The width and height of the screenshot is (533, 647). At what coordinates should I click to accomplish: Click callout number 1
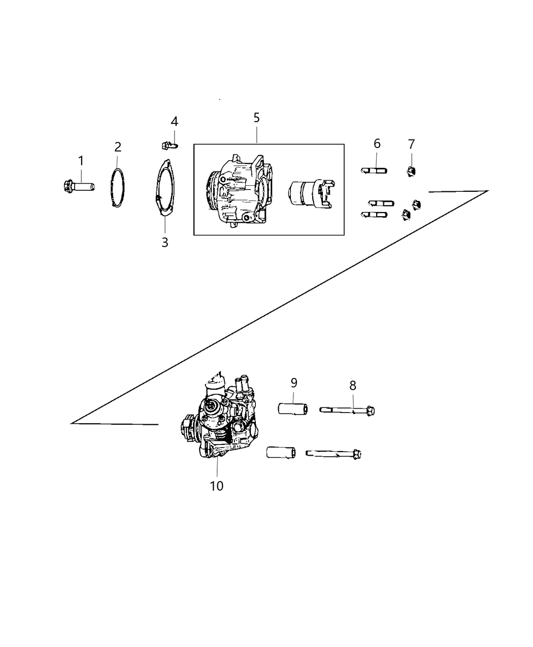coord(81,161)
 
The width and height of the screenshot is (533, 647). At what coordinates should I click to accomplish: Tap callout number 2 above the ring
coord(118,147)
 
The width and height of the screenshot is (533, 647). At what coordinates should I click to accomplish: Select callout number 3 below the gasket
coord(164,243)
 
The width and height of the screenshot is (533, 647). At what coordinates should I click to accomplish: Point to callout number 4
coord(174,122)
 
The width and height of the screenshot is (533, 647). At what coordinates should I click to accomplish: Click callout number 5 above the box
coord(256,118)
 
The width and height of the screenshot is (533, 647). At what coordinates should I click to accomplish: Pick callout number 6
coord(377,144)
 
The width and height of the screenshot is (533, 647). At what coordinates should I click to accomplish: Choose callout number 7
coord(411,144)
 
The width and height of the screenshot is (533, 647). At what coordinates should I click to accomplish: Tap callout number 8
coord(353,385)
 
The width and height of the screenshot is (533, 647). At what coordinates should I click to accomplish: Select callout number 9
coord(294,383)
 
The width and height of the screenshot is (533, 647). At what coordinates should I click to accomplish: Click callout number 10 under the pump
coord(216,486)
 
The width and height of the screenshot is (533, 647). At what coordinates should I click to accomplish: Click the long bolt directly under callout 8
coord(348,410)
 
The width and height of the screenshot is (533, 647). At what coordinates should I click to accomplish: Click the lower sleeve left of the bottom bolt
coord(280,452)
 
